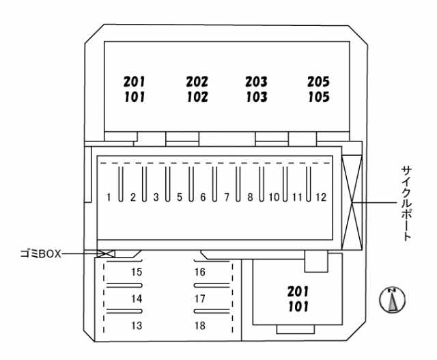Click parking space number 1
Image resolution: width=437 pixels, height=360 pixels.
click(x=109, y=197)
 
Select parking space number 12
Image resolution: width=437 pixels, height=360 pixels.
click(x=321, y=197)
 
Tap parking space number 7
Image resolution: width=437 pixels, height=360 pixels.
click(x=227, y=197)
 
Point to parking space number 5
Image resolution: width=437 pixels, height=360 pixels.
click(x=180, y=197)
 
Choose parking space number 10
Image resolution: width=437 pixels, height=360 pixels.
click(x=274, y=197)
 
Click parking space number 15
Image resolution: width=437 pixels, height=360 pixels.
click(x=137, y=272)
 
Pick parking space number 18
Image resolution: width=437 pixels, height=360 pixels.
click(x=199, y=325)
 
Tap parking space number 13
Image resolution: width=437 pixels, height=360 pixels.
click(x=137, y=325)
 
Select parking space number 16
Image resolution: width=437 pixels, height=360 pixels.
click(x=199, y=272)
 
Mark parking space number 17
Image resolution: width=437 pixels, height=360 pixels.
click(x=199, y=299)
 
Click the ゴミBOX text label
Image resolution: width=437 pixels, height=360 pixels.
click(x=40, y=253)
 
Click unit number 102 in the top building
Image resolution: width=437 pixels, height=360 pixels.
click(x=197, y=97)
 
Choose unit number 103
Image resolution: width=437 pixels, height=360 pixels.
click(x=257, y=97)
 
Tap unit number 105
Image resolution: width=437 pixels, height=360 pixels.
click(x=318, y=97)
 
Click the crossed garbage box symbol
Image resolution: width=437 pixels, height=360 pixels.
click(x=106, y=253)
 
